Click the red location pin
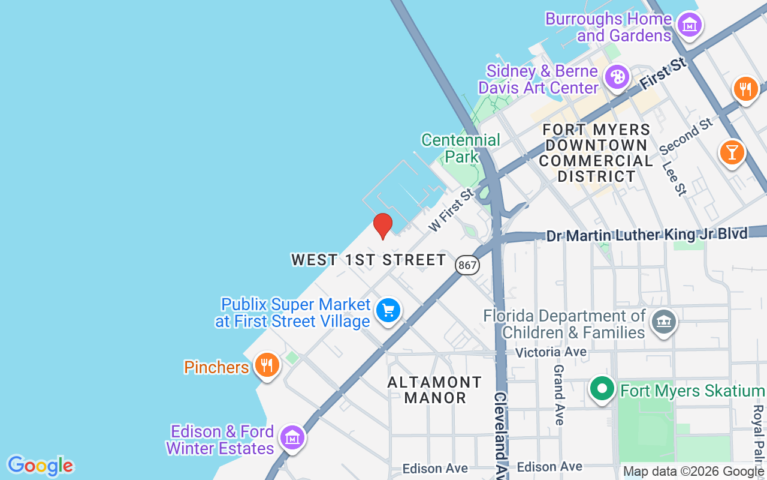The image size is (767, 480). (x=382, y=226)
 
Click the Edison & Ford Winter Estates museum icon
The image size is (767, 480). (x=292, y=437)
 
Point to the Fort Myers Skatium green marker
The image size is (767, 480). (x=602, y=388)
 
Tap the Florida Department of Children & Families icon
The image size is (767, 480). (x=663, y=321)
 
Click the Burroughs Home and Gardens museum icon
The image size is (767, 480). (x=690, y=25)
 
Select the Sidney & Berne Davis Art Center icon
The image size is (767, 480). (x=617, y=77)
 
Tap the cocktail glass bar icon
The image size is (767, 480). (x=732, y=151)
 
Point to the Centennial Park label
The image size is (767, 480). (x=461, y=148)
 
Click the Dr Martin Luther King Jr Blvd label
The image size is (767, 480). (x=647, y=234)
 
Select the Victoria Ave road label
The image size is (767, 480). (x=551, y=352)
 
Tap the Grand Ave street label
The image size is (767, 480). (x=559, y=395)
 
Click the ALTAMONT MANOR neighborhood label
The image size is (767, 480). (x=435, y=390)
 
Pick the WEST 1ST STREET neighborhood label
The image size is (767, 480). (x=369, y=260)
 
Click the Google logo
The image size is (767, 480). (x=40, y=465)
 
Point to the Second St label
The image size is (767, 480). (x=687, y=136)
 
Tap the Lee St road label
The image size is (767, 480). (x=674, y=178)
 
